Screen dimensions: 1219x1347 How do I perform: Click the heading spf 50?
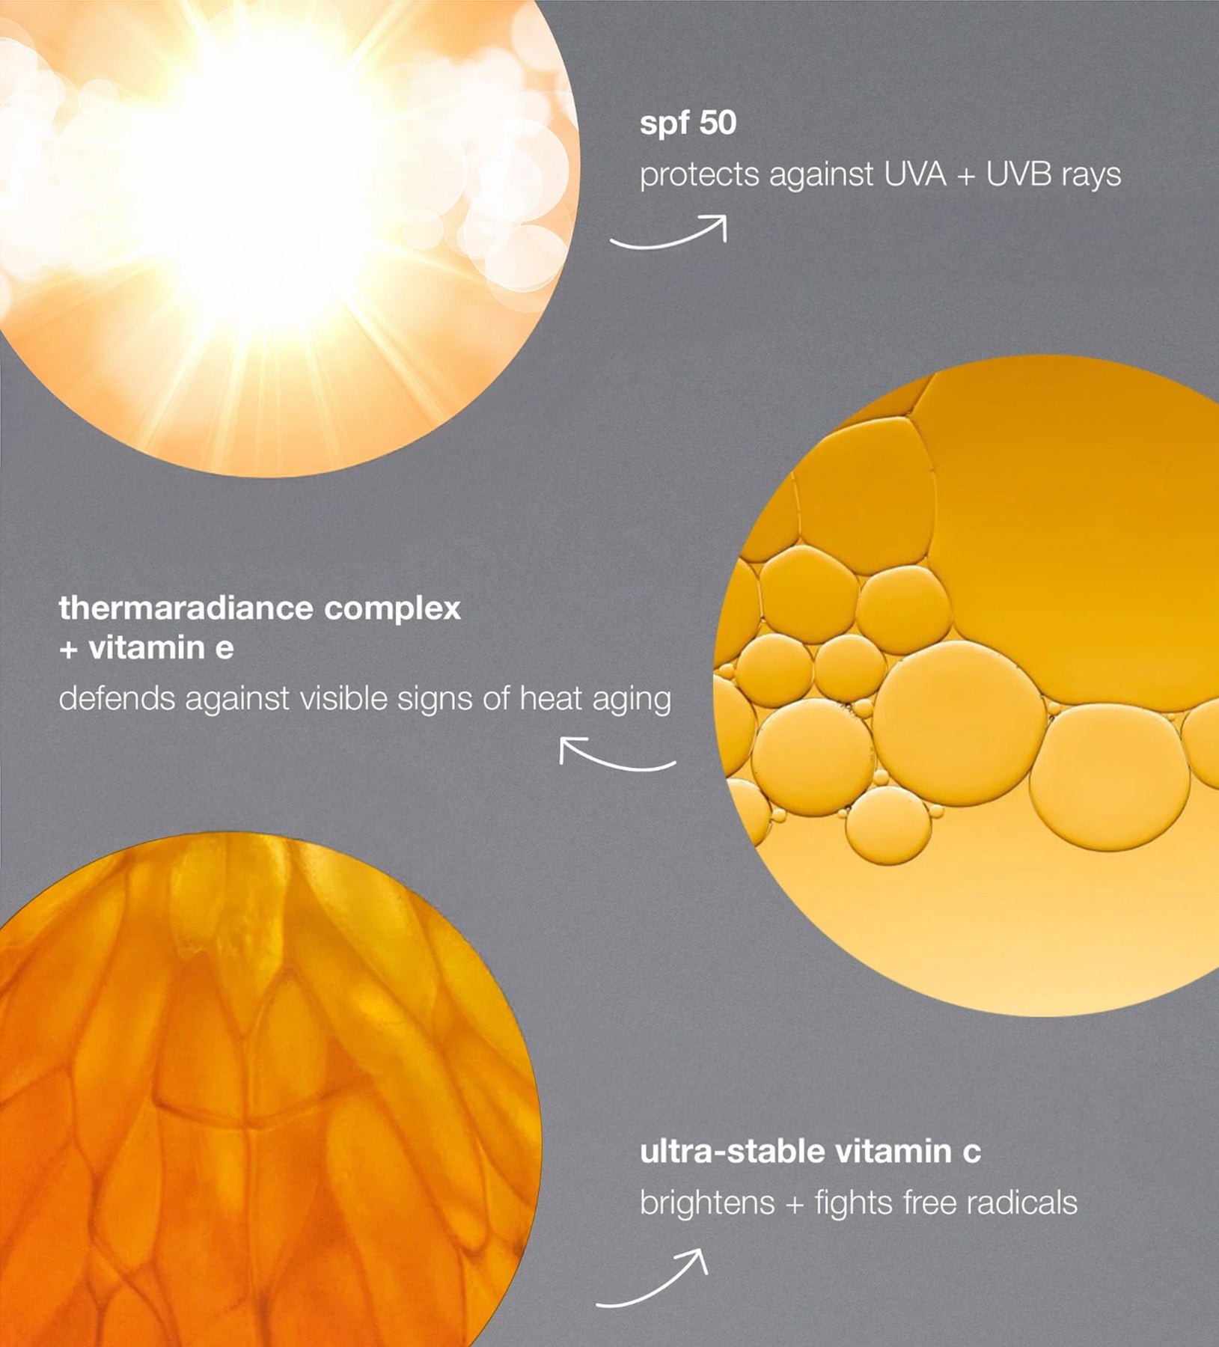(x=688, y=124)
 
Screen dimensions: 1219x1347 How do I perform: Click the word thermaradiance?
(x=186, y=608)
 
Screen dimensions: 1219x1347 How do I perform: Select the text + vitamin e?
(x=146, y=648)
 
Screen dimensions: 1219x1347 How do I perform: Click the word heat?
(x=551, y=699)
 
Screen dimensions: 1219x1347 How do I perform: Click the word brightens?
(x=707, y=1203)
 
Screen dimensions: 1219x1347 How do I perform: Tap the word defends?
(x=117, y=699)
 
